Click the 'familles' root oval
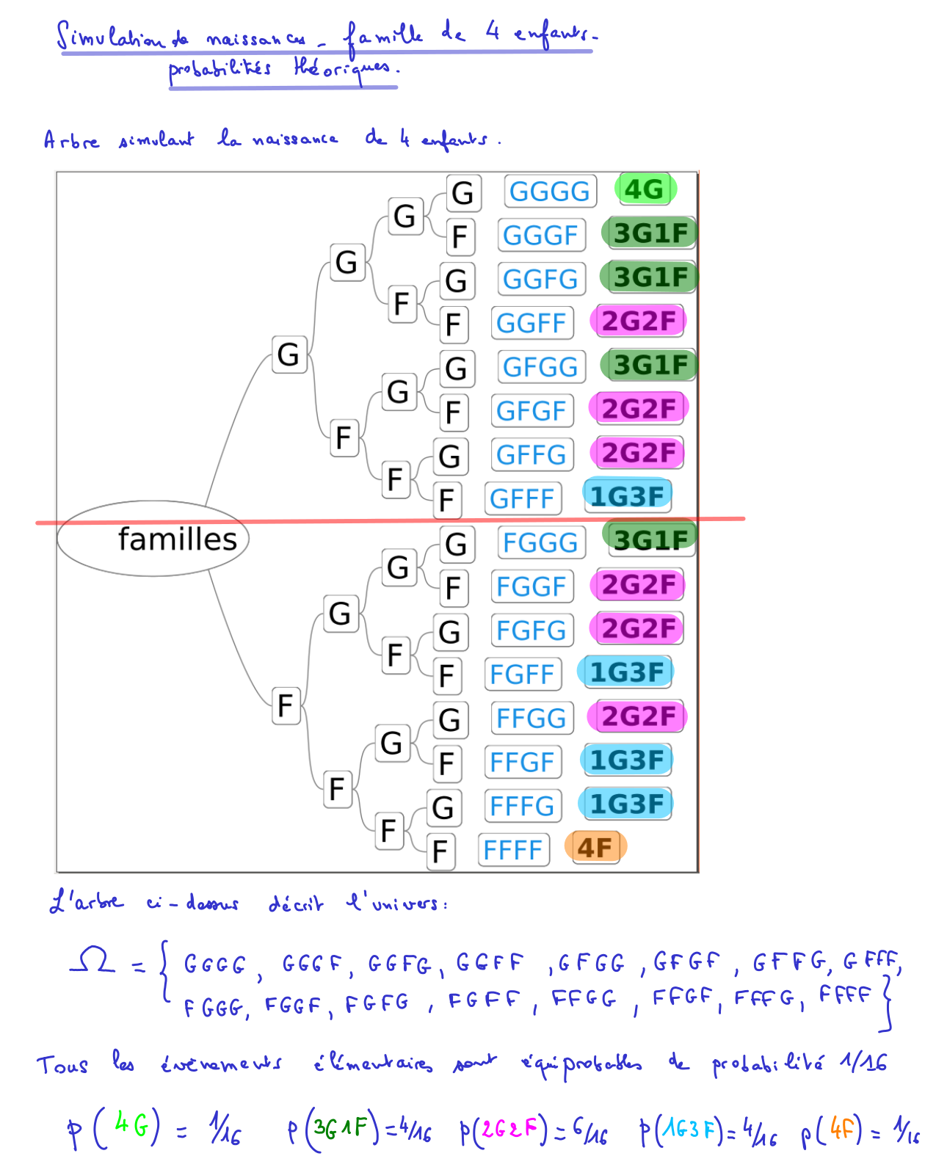pos(153,539)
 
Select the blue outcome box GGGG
pos(550,192)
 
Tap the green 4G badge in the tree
pos(645,189)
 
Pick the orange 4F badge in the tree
pos(595,848)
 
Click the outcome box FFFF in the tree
pos(513,851)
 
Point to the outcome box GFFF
pos(522,499)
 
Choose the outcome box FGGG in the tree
pos(540,543)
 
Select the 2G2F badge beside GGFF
pos(638,321)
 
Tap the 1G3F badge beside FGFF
pos(626,672)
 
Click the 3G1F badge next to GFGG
pos(650,365)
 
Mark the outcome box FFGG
pos(531,719)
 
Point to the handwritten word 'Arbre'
pos(71,140)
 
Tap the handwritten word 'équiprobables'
pos(581,1064)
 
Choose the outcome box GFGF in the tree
pos(531,411)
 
